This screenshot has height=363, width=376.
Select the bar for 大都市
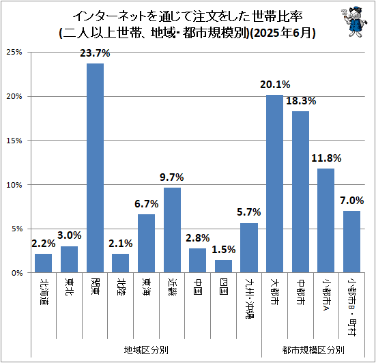274,184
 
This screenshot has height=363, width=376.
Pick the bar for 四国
223,266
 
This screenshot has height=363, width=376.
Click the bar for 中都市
300,192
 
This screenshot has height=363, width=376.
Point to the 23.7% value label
95,53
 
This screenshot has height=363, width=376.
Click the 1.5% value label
223,249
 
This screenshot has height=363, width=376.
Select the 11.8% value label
326,158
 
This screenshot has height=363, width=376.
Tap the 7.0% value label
351,200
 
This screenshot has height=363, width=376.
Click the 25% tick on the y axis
14,53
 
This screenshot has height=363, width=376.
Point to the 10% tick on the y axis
14,185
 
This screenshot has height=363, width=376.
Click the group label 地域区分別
146,349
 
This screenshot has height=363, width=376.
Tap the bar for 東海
146,243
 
